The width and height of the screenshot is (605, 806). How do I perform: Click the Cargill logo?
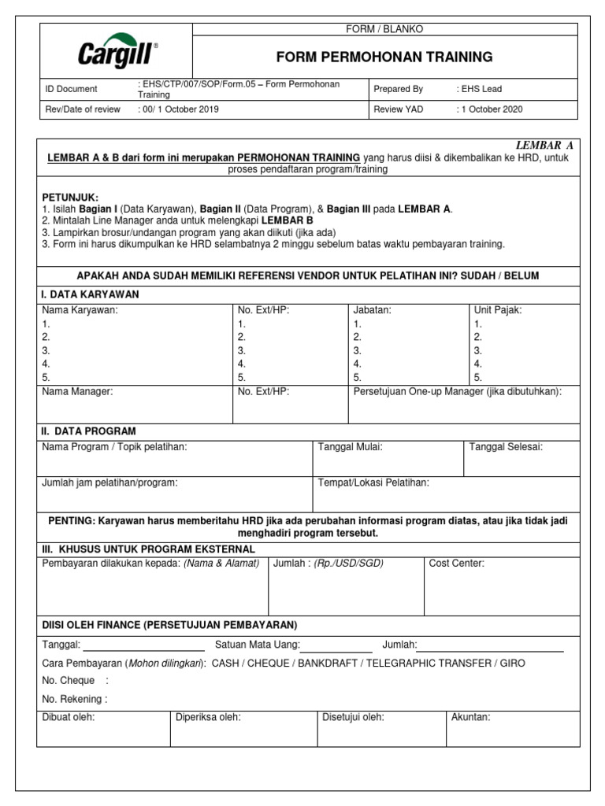(x=117, y=51)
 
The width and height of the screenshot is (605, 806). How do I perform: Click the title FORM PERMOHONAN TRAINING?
(x=384, y=57)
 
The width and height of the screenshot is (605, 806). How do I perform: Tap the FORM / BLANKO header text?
(x=385, y=29)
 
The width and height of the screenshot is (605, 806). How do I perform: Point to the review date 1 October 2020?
(x=489, y=109)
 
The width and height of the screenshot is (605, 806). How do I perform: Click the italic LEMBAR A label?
(x=544, y=146)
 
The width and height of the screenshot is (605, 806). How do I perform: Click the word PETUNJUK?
(x=70, y=197)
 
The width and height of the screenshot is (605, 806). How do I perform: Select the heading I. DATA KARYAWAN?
(x=90, y=294)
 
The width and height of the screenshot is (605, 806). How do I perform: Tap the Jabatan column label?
(x=373, y=310)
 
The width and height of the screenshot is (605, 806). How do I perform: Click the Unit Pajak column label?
(x=498, y=310)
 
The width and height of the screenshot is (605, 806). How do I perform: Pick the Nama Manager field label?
(x=77, y=391)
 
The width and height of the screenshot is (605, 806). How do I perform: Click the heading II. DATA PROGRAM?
(x=88, y=431)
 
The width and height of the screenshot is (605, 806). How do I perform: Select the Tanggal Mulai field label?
(x=350, y=447)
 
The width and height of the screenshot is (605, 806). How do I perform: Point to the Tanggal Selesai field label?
(x=506, y=447)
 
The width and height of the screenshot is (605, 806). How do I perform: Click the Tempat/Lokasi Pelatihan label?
(x=373, y=482)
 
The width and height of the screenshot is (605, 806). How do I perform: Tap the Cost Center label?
(x=457, y=564)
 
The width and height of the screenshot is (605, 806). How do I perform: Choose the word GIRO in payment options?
(x=512, y=664)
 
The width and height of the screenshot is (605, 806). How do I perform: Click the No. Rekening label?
(x=74, y=698)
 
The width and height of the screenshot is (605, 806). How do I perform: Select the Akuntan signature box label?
(x=470, y=717)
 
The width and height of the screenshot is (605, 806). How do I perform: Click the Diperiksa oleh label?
(x=208, y=717)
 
